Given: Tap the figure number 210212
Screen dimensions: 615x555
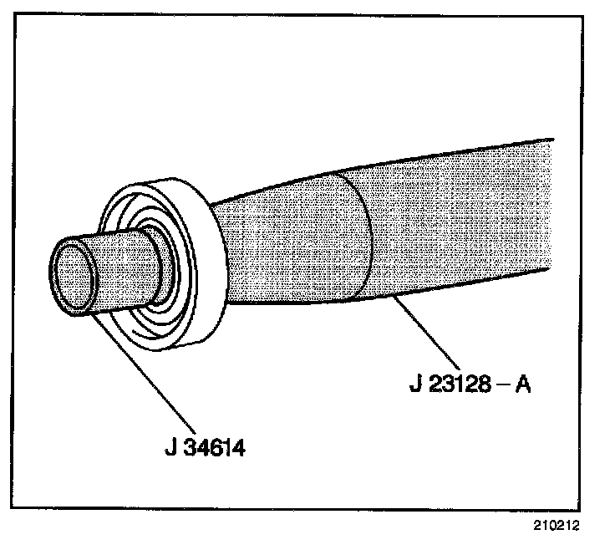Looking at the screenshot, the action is (553, 527).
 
